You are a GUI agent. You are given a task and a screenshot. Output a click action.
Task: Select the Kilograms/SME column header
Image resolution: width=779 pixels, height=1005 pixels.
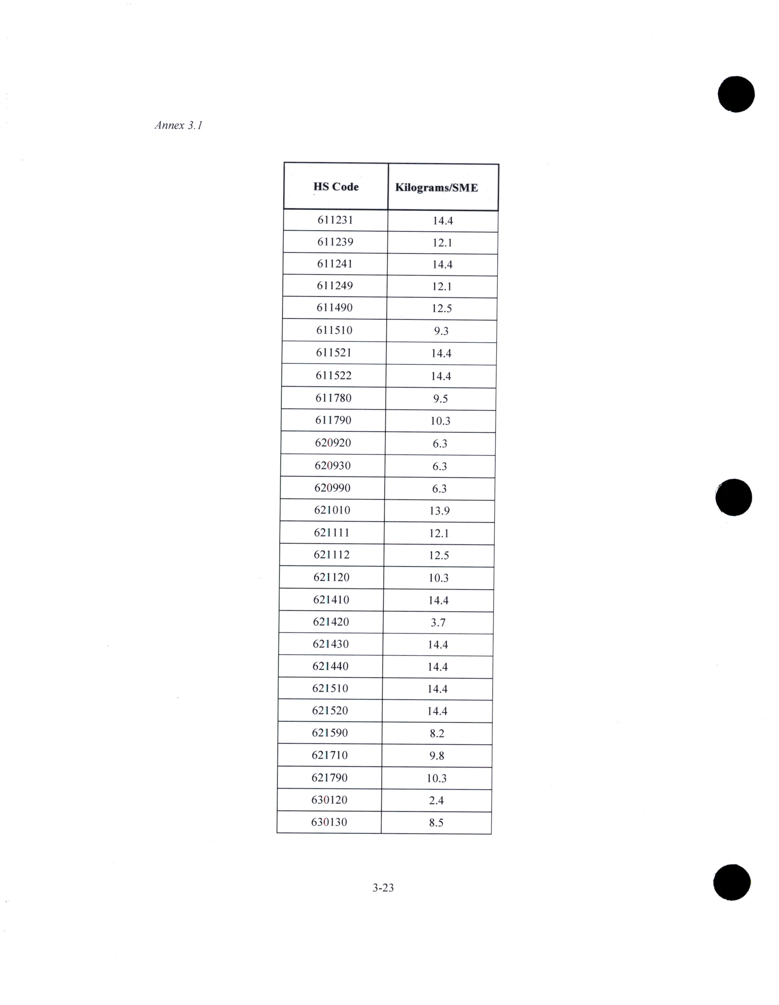[436, 188]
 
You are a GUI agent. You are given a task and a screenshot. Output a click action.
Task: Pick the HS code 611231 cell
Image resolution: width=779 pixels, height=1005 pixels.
[335, 220]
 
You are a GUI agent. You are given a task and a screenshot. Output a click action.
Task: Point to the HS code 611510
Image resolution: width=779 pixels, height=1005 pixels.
[334, 330]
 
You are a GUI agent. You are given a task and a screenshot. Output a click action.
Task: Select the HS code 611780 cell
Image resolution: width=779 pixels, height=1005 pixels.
[333, 398]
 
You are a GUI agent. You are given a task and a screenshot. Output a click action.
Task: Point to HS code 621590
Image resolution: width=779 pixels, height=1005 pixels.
[329, 733]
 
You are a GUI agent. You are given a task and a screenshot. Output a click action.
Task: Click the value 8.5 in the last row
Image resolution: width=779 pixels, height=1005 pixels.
[436, 823]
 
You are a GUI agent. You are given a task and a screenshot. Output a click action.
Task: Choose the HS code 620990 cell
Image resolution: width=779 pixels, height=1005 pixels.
[332, 488]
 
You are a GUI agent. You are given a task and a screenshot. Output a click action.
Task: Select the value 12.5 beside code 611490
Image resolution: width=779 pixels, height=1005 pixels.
[441, 308]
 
